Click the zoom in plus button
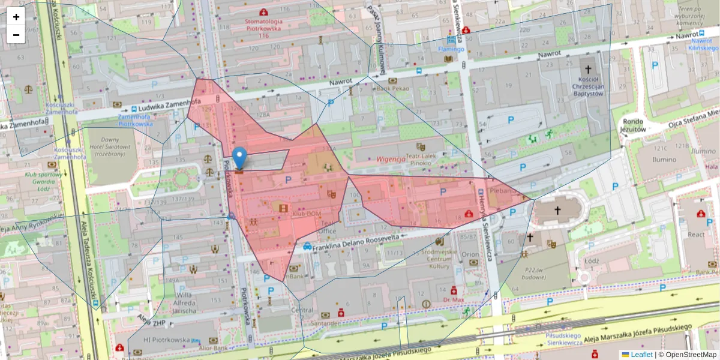tap(16, 17)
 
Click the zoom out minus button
tap(16, 35)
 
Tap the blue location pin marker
tap(239, 158)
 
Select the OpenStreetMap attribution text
tap(687, 355)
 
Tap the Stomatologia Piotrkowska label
tap(265, 28)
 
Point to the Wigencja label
tap(392, 159)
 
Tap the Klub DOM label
tap(307, 214)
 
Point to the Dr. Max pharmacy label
tap(454, 299)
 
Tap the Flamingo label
tap(451, 49)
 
